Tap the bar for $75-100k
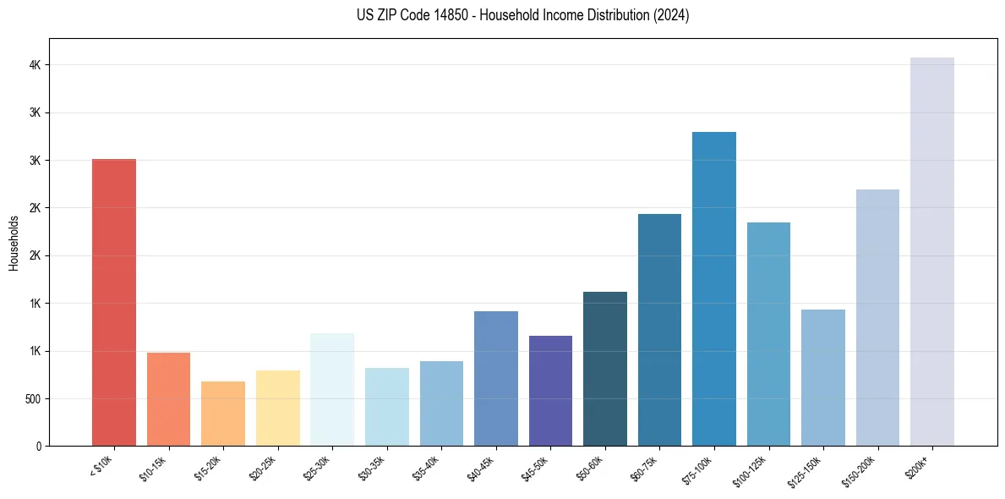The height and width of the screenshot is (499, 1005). (x=714, y=288)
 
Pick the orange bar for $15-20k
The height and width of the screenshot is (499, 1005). (x=223, y=414)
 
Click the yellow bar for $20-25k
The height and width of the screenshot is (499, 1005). (x=277, y=408)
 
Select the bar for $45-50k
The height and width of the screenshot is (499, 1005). (x=550, y=391)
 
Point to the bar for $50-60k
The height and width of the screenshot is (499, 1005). (x=605, y=369)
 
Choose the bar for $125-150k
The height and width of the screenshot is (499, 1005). (x=823, y=377)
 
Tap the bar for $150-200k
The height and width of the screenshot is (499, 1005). (x=877, y=317)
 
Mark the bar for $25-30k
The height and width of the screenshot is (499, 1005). (x=332, y=389)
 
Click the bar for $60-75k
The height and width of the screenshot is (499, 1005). (x=659, y=330)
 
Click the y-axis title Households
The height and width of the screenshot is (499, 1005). (x=14, y=243)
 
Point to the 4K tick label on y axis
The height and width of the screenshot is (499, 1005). (x=35, y=65)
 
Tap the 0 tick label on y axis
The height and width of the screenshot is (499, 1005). (x=39, y=446)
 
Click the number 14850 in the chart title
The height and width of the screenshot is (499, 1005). (x=448, y=15)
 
